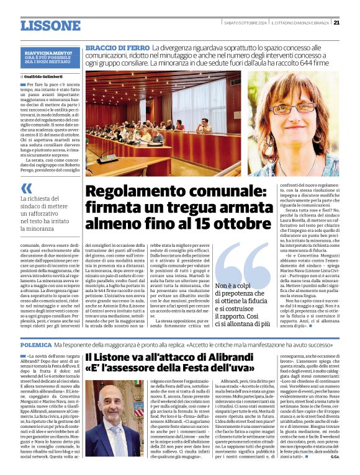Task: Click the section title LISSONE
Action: [50, 25]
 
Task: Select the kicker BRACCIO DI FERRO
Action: [117, 48]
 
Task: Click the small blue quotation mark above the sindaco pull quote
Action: [26, 188]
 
